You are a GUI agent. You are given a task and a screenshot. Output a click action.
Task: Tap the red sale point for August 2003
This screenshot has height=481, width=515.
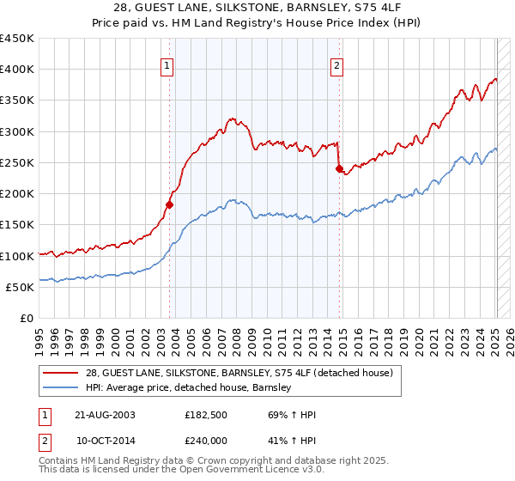(x=170, y=204)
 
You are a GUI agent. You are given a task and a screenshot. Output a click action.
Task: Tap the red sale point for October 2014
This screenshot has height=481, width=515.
(x=339, y=168)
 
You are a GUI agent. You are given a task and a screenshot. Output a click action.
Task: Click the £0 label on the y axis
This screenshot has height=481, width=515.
(x=27, y=318)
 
